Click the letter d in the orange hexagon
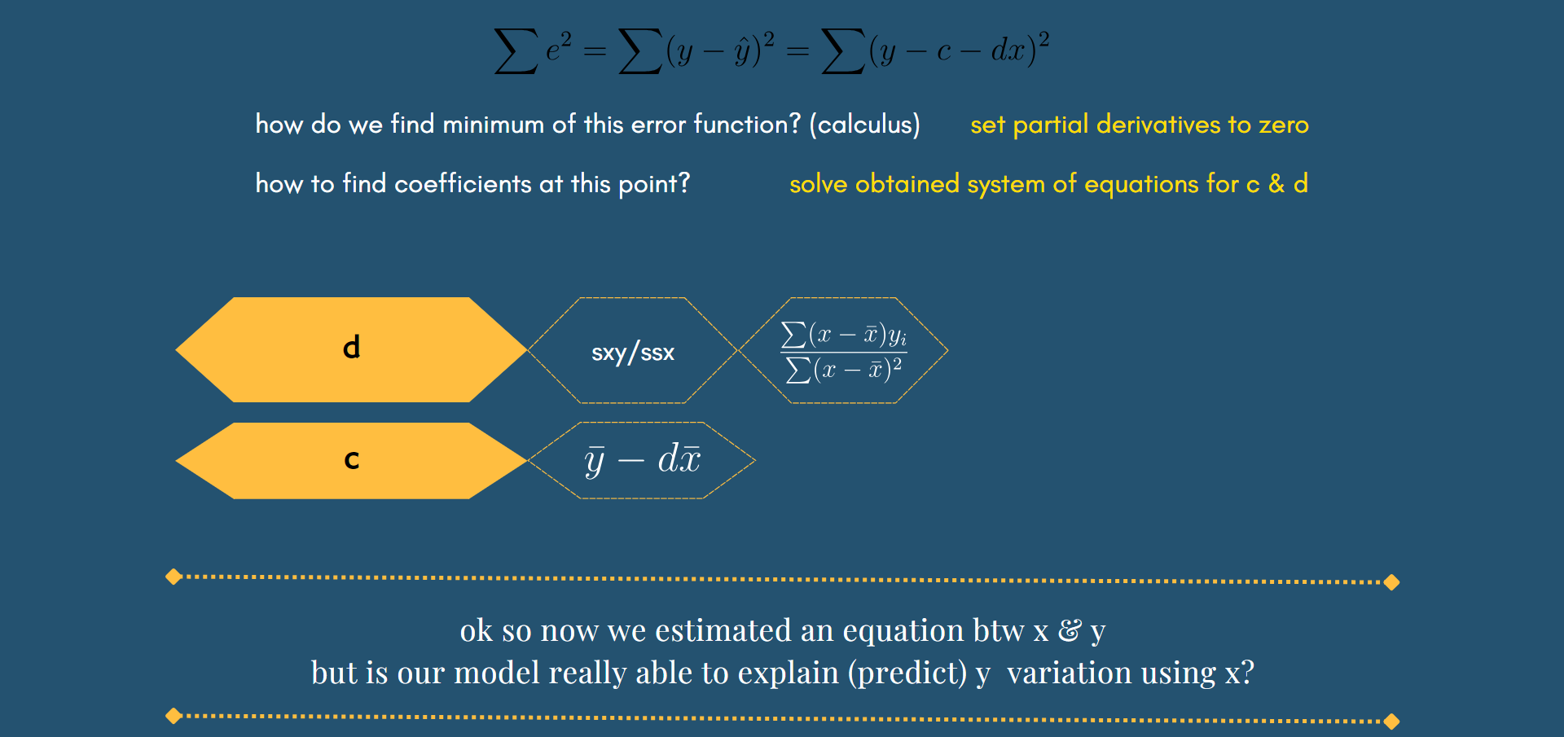tap(351, 348)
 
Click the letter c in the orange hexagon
tap(351, 460)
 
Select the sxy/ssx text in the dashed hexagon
tap(633, 353)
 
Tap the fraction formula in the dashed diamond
tap(844, 351)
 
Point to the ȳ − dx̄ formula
tap(642, 459)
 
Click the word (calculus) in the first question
tap(864, 125)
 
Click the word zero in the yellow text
tap(1284, 125)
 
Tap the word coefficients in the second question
tap(463, 184)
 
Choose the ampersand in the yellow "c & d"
tap(1276, 184)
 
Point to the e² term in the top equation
tap(558, 47)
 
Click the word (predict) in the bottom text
tap(907, 673)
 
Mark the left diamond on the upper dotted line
tap(174, 577)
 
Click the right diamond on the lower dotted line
tap(1391, 722)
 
